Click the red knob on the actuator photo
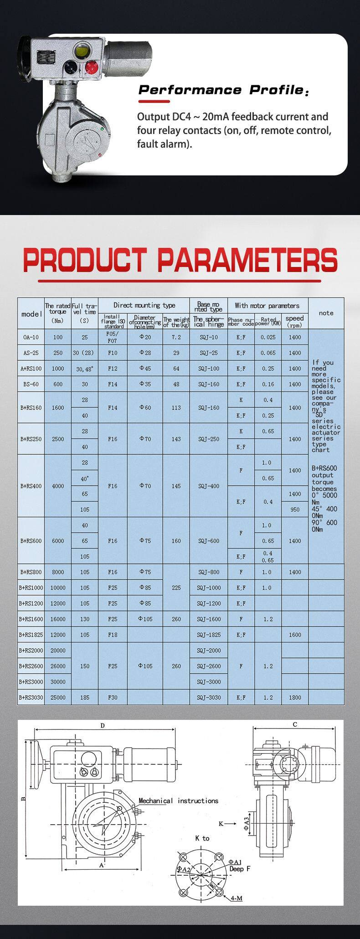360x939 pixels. (x=92, y=67)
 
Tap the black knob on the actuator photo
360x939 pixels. (x=71, y=67)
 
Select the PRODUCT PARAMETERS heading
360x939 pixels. (x=180, y=260)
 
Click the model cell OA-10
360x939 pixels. (x=31, y=337)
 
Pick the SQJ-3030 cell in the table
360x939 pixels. (x=209, y=697)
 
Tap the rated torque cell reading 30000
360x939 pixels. (x=58, y=682)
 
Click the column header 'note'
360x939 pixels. (x=326, y=313)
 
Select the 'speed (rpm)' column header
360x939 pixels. (x=295, y=321)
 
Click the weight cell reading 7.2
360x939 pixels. (x=176, y=337)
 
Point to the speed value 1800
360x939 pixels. (x=295, y=697)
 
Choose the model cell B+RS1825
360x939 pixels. (x=31, y=635)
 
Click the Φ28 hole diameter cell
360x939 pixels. (x=145, y=353)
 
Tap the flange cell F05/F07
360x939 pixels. (x=113, y=337)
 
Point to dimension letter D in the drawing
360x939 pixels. (x=103, y=725)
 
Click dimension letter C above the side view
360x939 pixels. (x=295, y=724)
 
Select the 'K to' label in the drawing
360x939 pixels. (x=202, y=838)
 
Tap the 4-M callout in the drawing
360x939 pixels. (x=237, y=898)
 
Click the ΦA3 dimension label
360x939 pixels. (x=246, y=823)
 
